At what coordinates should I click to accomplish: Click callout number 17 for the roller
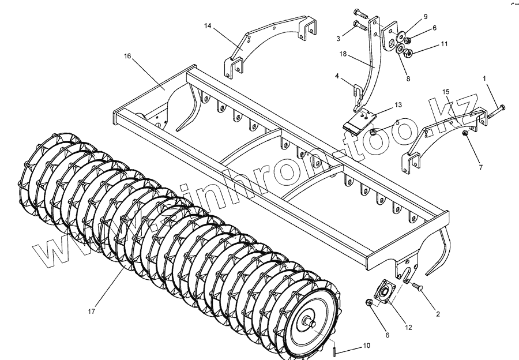91,312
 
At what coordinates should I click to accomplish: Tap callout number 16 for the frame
127,56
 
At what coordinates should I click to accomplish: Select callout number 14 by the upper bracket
208,26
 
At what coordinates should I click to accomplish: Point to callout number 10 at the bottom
367,346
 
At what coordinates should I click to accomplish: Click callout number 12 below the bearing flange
408,327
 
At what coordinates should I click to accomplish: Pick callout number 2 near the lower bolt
438,314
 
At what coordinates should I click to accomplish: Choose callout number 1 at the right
484,77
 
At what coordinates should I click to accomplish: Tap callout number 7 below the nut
480,167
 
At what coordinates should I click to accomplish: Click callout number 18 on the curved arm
343,54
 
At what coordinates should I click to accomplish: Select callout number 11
444,44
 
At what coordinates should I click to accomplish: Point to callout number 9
426,16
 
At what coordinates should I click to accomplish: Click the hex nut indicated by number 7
465,134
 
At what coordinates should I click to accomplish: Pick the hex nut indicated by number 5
373,132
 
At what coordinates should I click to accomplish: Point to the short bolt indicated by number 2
418,286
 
